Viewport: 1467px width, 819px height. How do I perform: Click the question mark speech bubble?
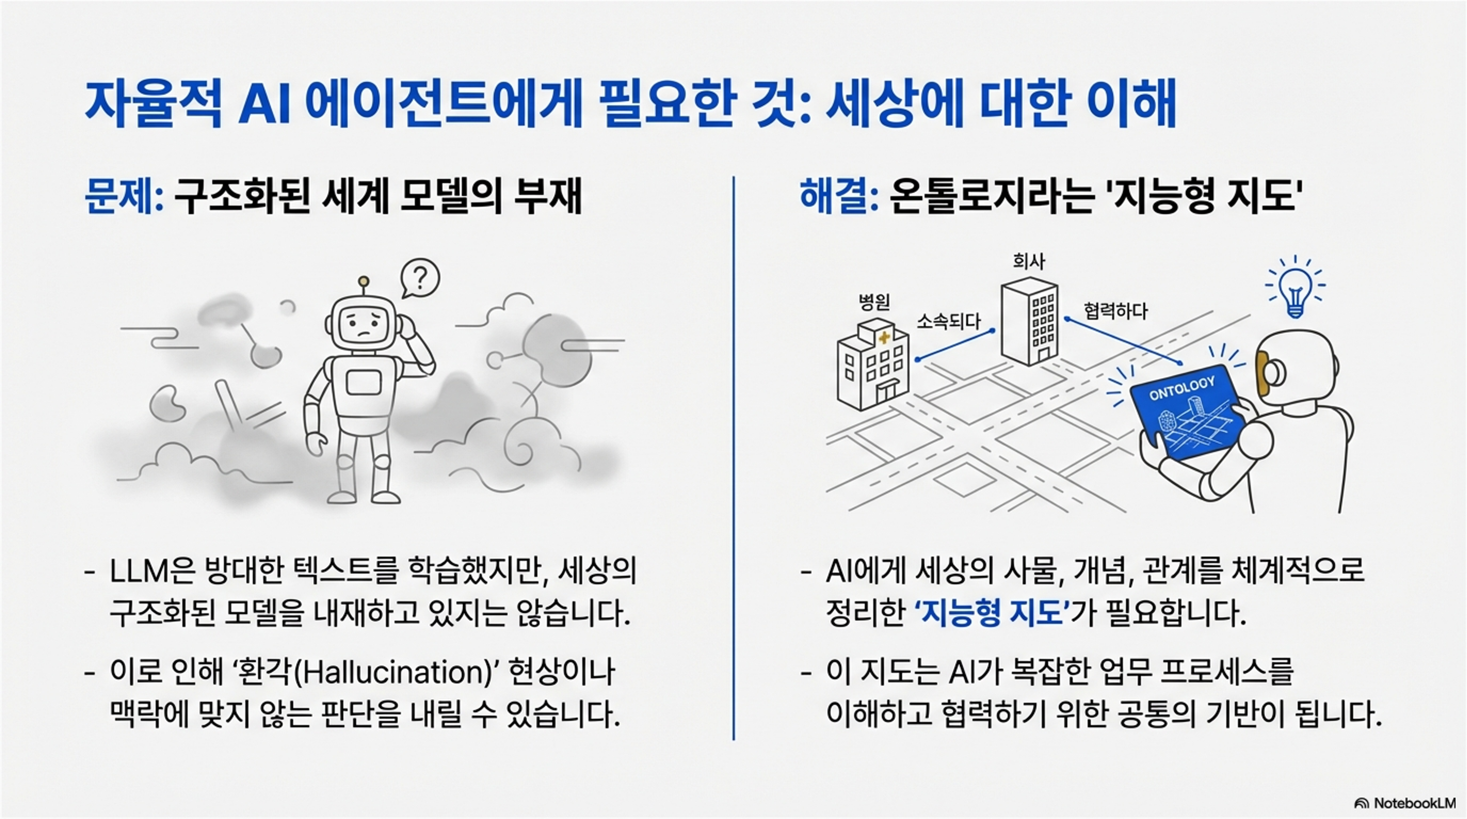420,278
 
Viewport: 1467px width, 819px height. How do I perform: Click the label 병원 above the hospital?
874,302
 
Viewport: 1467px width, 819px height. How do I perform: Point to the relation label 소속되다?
948,322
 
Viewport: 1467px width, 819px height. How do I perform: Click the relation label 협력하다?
1115,311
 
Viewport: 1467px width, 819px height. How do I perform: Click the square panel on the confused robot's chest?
363,383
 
